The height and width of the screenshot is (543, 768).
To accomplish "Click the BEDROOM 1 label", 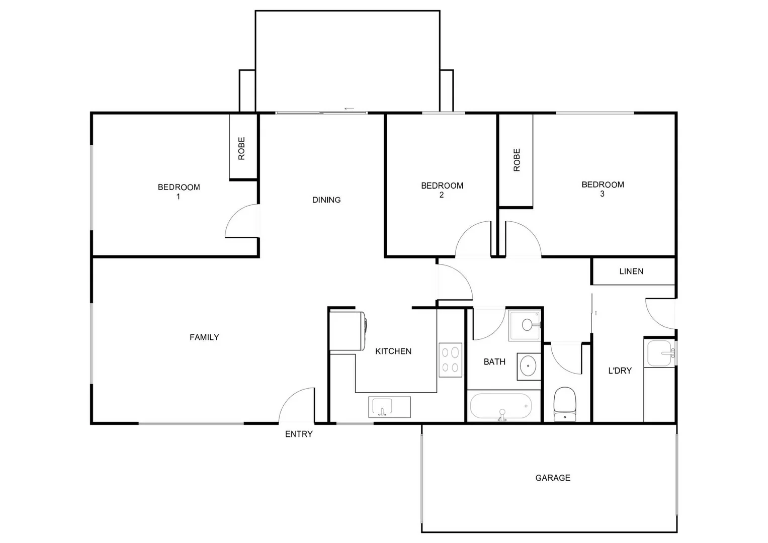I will point(179,192).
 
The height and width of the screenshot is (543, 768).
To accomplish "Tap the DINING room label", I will point(326,200).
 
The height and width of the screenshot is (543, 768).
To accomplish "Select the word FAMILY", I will point(204,337).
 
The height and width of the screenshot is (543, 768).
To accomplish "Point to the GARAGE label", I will point(553,478).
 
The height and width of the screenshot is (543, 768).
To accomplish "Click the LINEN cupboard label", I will point(631,271).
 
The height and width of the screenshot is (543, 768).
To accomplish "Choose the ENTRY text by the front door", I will point(299,434).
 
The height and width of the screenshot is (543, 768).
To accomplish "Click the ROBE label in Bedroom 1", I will point(241,148).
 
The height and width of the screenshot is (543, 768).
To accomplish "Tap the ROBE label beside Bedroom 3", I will point(517,160).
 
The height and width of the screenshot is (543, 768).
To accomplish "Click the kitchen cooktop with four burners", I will point(450,360).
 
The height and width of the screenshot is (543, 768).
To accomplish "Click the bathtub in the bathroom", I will point(500,407).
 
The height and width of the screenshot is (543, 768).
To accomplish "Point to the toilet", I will point(564,404).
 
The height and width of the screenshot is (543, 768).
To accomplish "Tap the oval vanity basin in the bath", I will point(528,366).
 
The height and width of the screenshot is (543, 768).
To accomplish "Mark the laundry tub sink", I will point(660,353).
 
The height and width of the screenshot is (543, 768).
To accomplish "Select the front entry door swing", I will point(297,405).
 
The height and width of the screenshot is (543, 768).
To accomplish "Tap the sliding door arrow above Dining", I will point(349,109).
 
